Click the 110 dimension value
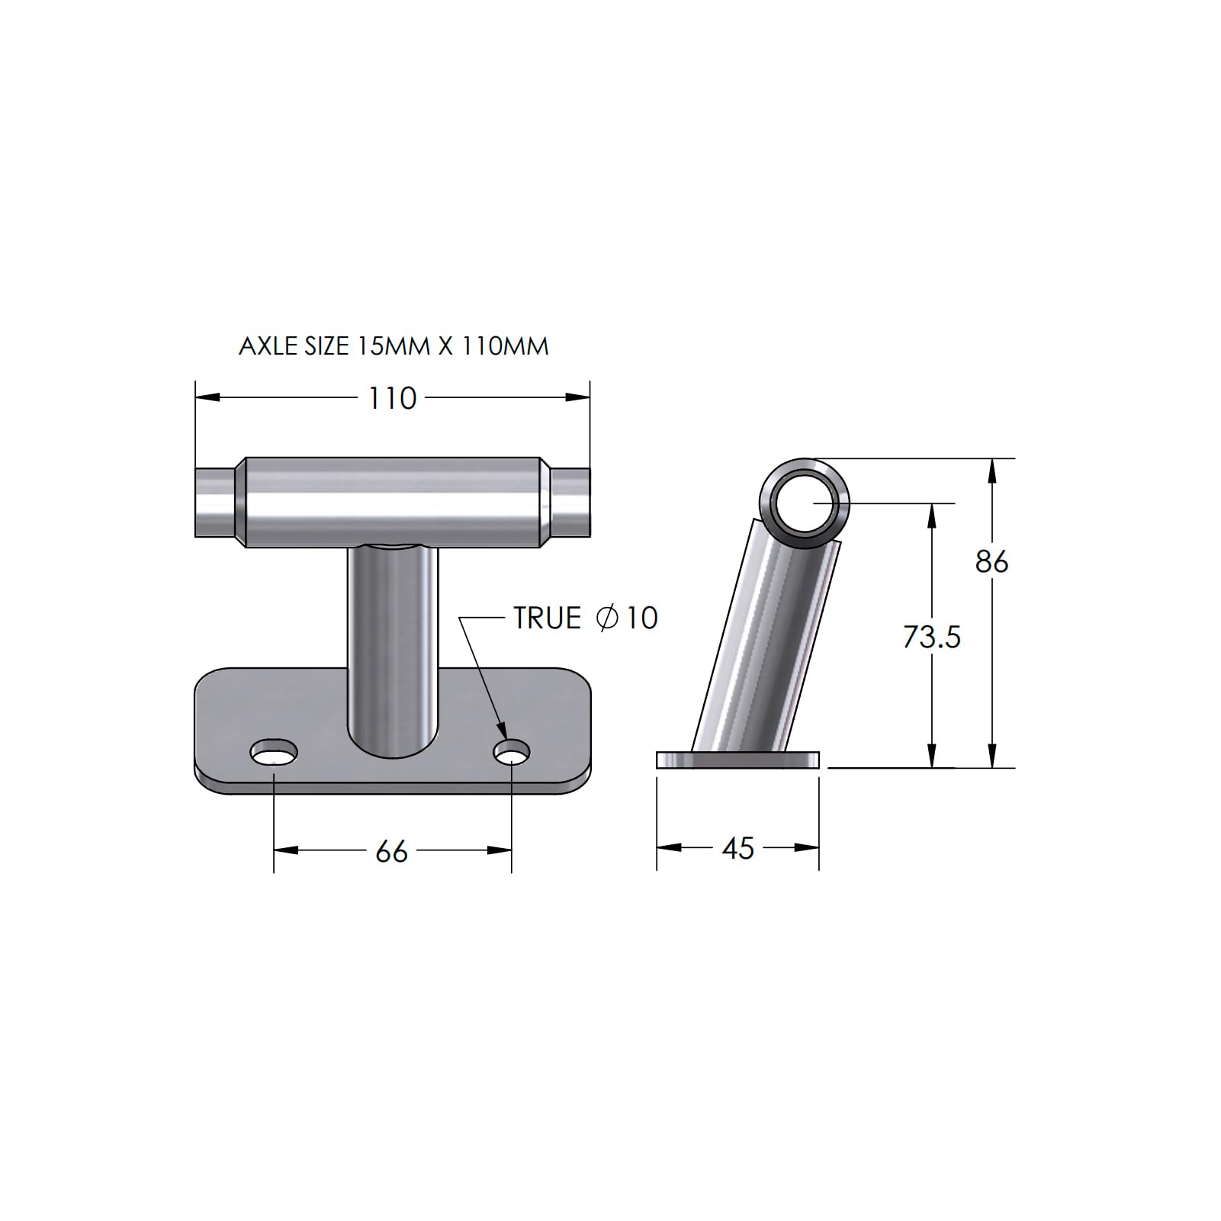[392, 398]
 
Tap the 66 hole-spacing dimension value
[392, 851]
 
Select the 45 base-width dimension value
[737, 848]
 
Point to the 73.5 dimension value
[931, 636]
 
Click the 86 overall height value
[991, 561]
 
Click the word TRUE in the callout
[548, 618]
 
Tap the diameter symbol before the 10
[607, 618]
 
